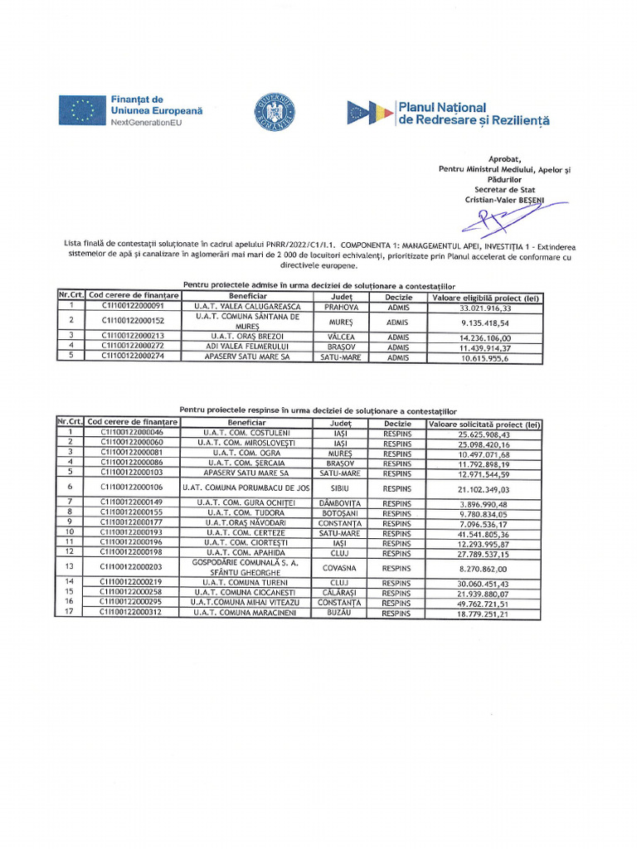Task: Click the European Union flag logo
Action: tap(81, 110)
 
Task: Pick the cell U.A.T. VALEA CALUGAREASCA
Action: tap(248, 307)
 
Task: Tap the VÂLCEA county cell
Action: tap(341, 337)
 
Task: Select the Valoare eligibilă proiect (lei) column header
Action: tap(485, 297)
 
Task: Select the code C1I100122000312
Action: tap(133, 614)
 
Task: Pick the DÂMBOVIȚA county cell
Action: tap(341, 503)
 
